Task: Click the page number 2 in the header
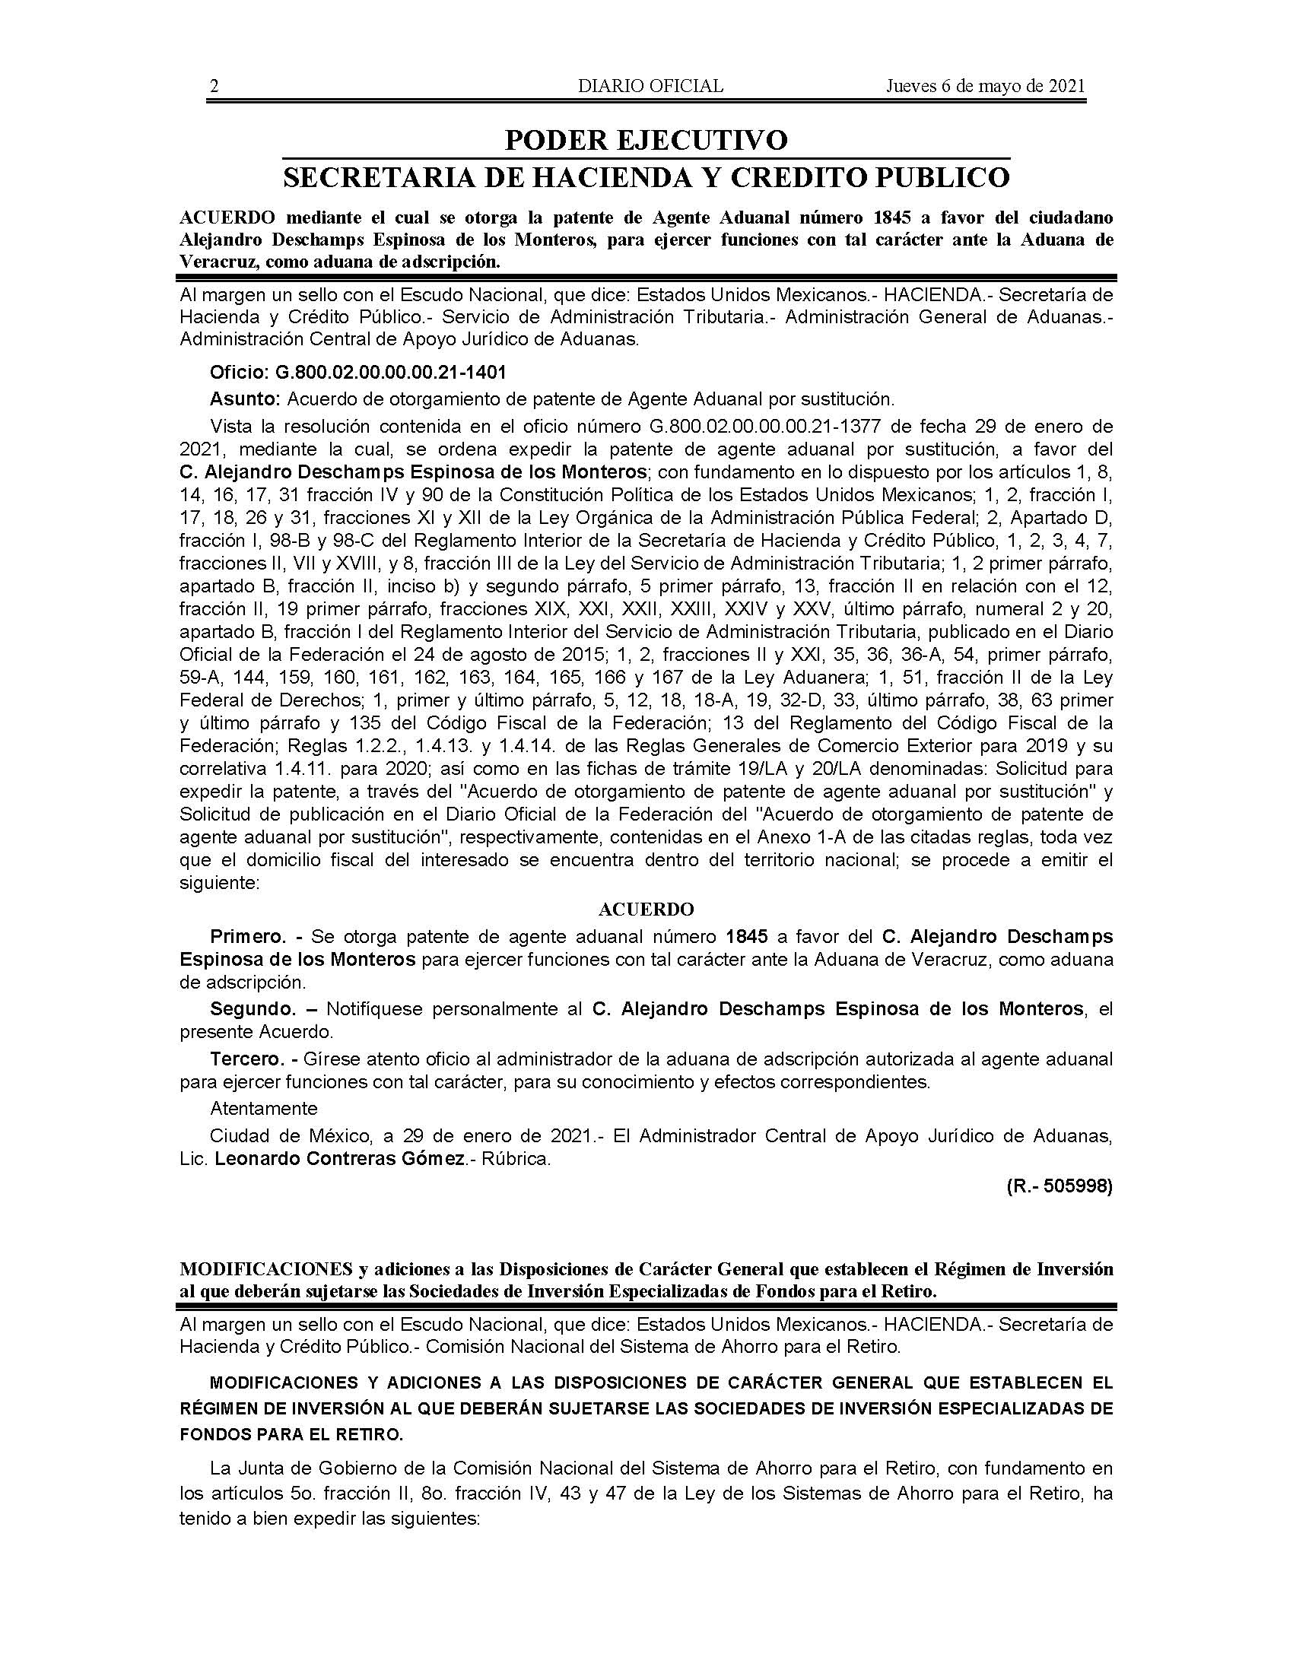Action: coord(214,86)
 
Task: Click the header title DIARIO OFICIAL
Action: coord(650,86)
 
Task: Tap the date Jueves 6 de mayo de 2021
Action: coord(986,86)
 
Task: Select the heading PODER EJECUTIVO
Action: coord(646,140)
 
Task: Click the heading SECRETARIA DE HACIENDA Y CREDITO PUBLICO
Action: coord(646,178)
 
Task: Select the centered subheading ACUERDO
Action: coord(646,910)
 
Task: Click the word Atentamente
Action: coord(263,1109)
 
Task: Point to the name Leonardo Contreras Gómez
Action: coord(340,1160)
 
